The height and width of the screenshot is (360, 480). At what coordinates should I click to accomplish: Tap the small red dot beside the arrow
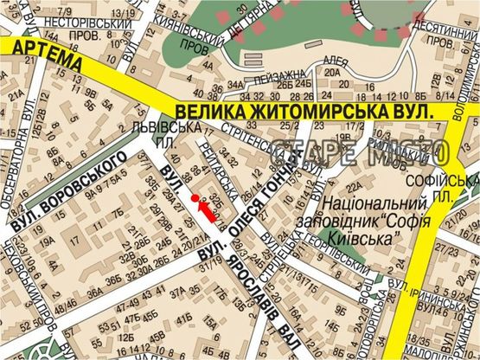tap(194, 198)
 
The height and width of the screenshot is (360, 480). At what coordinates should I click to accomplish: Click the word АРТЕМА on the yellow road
tap(42, 51)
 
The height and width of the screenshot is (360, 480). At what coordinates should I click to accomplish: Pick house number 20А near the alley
tap(331, 74)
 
